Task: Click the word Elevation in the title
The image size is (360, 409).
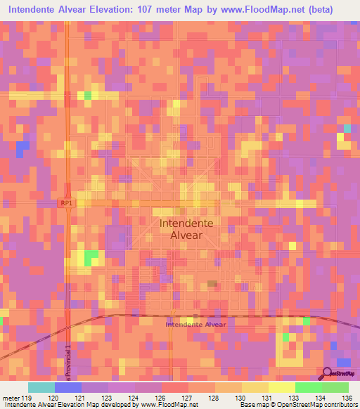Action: (126, 10)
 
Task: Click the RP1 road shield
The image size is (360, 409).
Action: (66, 202)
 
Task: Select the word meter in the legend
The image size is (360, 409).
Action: (10, 398)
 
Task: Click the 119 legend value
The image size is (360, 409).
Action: (27, 398)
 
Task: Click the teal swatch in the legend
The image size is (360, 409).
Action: (41, 387)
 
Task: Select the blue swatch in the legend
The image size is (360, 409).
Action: (67, 387)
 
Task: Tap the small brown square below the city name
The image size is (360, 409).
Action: (212, 284)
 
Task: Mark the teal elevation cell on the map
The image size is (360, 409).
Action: (347, 129)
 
